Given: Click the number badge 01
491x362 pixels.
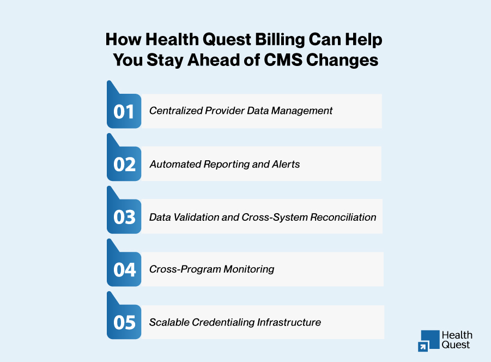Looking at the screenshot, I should pos(124,111).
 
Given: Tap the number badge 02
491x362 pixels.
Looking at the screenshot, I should pos(124,164).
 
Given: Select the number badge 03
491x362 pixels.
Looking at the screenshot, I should pos(124,217).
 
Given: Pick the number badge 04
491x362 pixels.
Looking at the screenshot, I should pos(124,269).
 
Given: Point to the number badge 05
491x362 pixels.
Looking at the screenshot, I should pos(124,322).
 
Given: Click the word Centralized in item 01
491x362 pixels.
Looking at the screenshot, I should pos(175,111).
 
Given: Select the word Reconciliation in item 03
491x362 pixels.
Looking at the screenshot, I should pos(343,217).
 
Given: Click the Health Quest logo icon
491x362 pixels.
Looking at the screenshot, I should pos(429,340).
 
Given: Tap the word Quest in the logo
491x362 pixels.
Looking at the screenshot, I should pos(456,345).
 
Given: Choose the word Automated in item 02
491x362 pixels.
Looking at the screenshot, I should pos(173,164).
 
